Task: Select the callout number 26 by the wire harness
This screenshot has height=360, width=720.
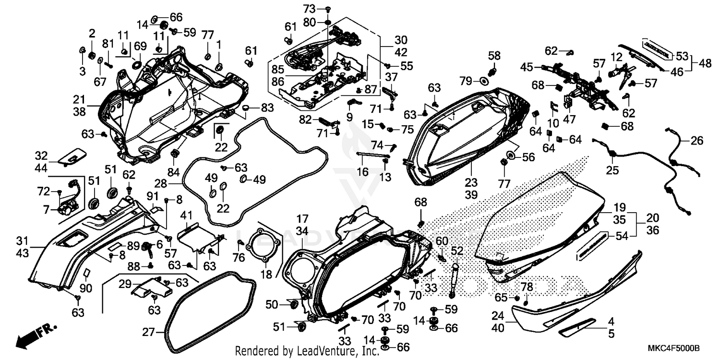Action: pos(696,141)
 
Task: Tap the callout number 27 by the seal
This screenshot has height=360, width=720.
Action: pos(149,332)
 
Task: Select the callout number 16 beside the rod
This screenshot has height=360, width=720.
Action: pos(363,172)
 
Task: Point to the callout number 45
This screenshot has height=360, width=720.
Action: pos(527,67)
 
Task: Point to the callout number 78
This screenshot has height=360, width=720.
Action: pos(527,287)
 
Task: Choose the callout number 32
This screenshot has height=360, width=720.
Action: pos(42,156)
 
